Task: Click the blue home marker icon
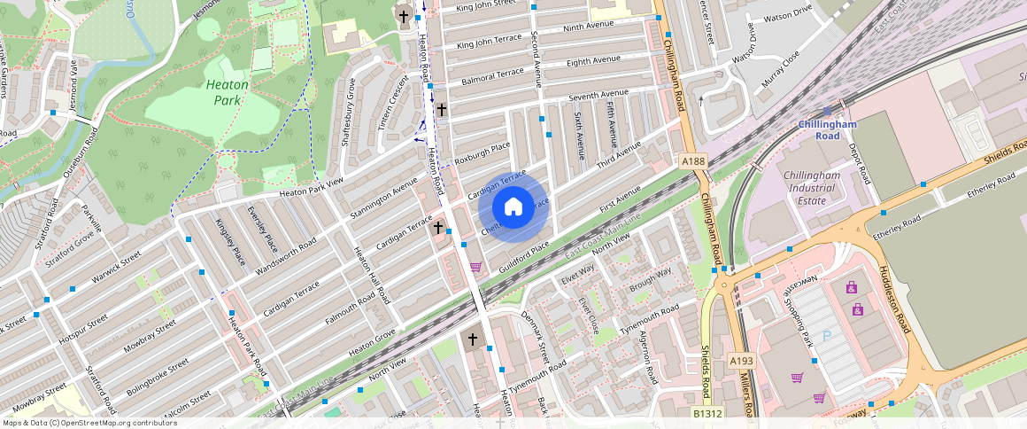(x=513, y=207)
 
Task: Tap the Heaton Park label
(x=227, y=92)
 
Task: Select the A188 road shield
(x=694, y=160)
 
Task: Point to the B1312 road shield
(x=707, y=413)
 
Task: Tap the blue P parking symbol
(x=827, y=336)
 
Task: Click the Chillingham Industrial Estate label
(x=805, y=188)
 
